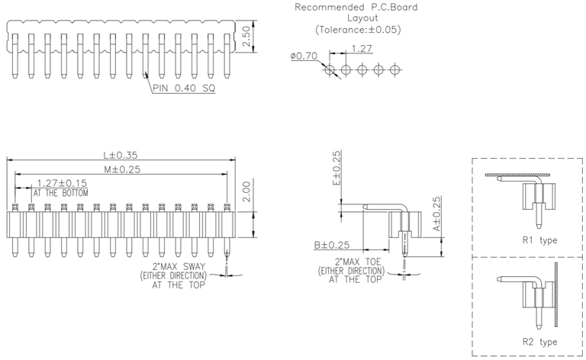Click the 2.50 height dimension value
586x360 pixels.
[x=246, y=37]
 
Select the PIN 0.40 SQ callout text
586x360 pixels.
[x=184, y=88]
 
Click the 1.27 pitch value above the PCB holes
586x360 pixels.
[x=362, y=50]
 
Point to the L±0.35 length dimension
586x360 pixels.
[x=118, y=154]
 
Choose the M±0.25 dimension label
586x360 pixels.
[x=118, y=169]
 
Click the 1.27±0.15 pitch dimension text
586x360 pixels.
[x=62, y=183]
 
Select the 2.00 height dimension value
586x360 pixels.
[x=246, y=191]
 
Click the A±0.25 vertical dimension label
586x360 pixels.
[x=436, y=214]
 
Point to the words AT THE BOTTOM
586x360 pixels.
[x=60, y=193]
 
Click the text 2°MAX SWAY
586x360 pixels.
[x=174, y=265]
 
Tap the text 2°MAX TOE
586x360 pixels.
[x=352, y=262]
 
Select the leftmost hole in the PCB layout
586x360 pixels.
[x=330, y=69]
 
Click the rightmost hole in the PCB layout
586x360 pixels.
[x=394, y=69]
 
